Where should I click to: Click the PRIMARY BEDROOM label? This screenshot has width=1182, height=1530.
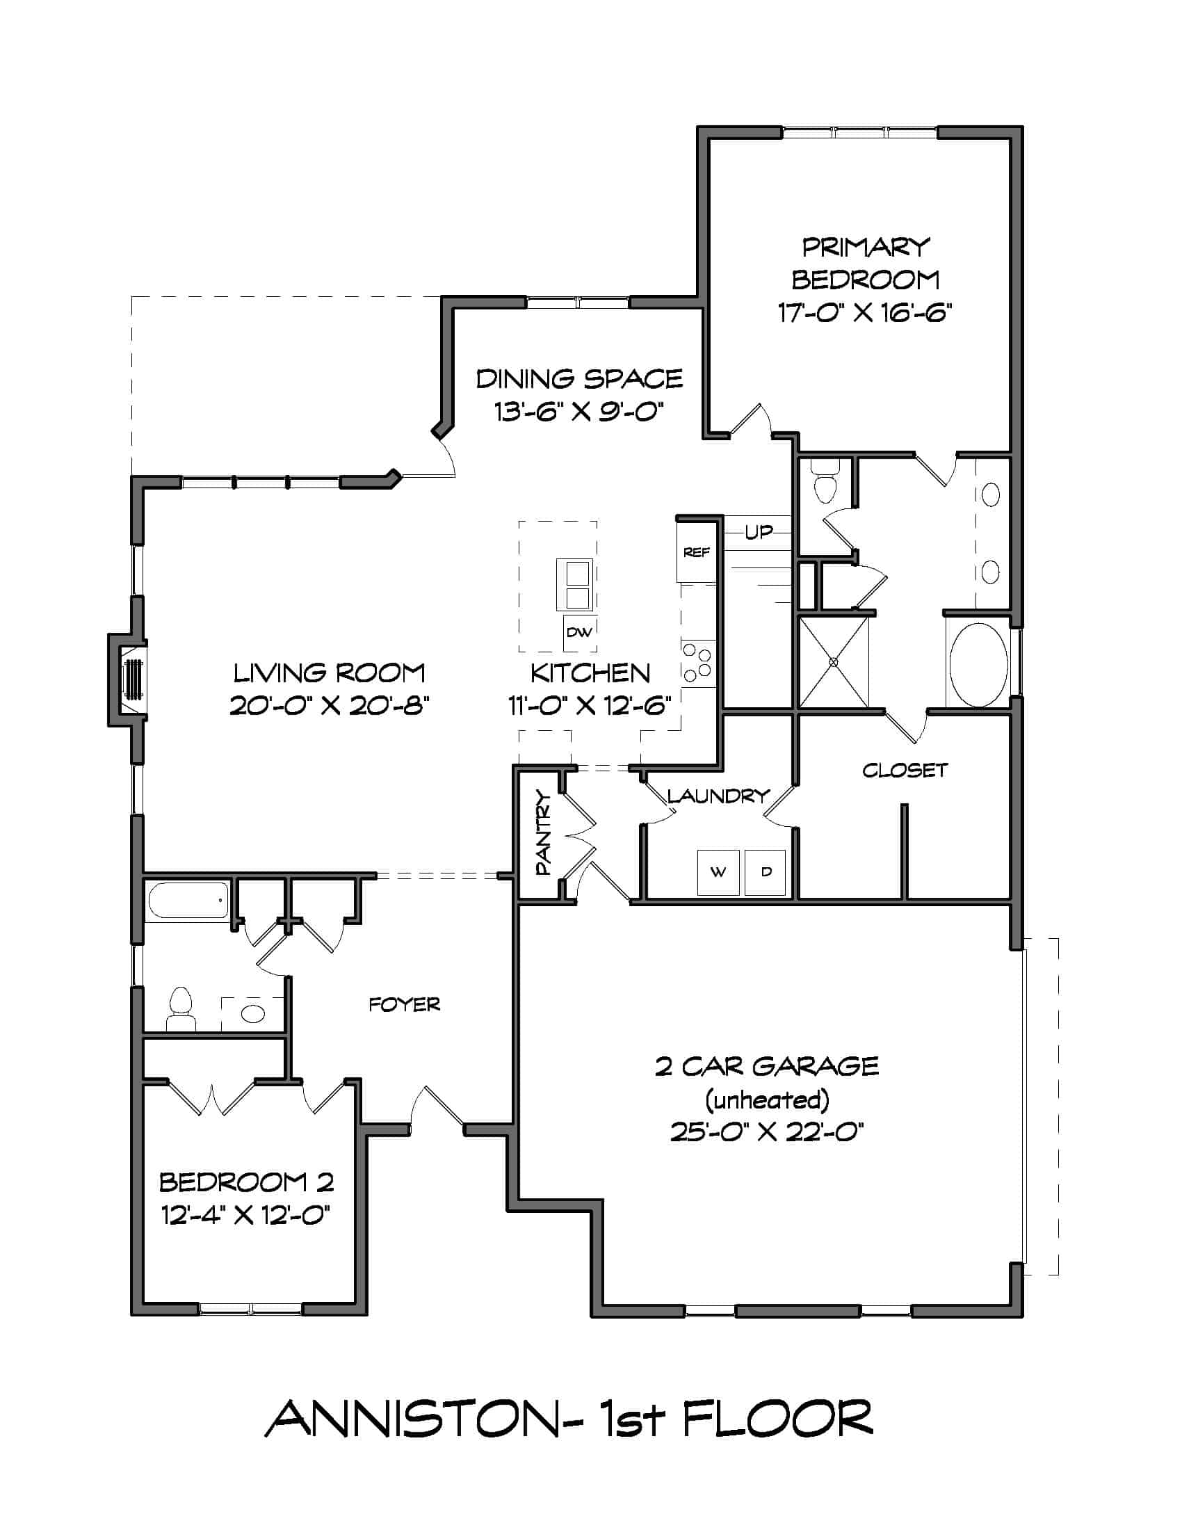pyautogui.click(x=866, y=264)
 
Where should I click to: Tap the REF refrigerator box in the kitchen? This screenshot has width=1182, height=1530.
pyautogui.click(x=697, y=552)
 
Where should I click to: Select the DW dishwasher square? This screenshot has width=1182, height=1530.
pyautogui.click(x=579, y=633)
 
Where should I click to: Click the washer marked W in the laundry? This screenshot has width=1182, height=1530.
pyautogui.click(x=718, y=872)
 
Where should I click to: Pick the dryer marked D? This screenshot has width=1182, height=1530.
pyautogui.click(x=766, y=872)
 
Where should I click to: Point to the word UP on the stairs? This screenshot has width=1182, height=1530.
pyautogui.click(x=759, y=533)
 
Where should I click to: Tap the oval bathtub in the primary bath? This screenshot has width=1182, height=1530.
pyautogui.click(x=978, y=665)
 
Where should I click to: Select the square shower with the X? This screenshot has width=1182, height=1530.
pyautogui.click(x=833, y=662)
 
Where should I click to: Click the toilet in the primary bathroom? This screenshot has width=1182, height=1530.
pyautogui.click(x=826, y=481)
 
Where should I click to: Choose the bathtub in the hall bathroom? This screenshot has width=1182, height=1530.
pyautogui.click(x=188, y=900)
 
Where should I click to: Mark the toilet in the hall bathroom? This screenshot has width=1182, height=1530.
pyautogui.click(x=181, y=1010)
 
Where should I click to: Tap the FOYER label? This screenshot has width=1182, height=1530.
pyautogui.click(x=405, y=1006)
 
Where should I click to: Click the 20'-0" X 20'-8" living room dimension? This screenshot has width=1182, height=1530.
pyautogui.click(x=329, y=705)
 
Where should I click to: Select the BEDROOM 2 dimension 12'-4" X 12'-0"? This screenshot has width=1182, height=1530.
pyautogui.click(x=245, y=1214)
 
